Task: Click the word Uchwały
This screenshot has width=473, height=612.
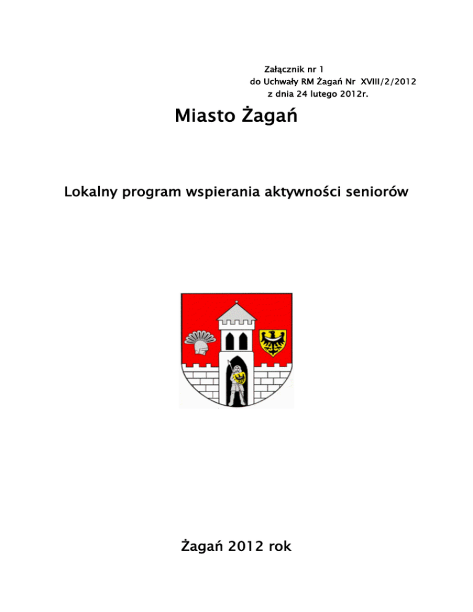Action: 280,81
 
